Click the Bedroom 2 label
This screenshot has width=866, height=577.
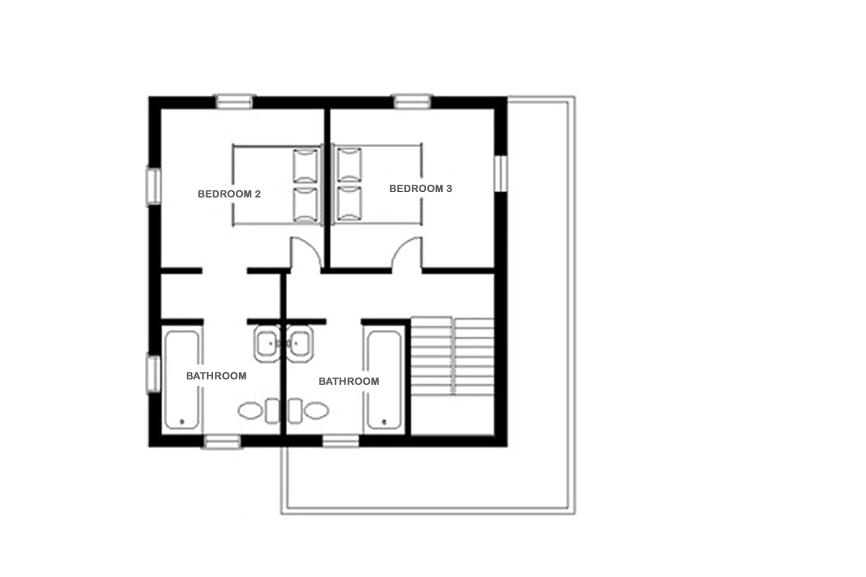pyautogui.click(x=229, y=194)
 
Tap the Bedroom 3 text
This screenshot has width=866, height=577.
pyautogui.click(x=420, y=189)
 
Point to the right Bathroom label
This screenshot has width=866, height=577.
pyautogui.click(x=348, y=381)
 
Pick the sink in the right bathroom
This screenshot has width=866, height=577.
pyautogui.click(x=300, y=344)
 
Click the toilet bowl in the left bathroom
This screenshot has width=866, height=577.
pyautogui.click(x=250, y=411)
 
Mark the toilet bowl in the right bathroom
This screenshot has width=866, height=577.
pyautogui.click(x=316, y=411)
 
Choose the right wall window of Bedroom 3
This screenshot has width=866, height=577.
pyautogui.click(x=500, y=174)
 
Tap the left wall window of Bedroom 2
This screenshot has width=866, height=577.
pyautogui.click(x=154, y=186)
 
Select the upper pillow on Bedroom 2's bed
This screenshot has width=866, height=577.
pyautogui.click(x=305, y=166)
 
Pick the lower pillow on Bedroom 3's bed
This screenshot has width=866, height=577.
pyautogui.click(x=349, y=204)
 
